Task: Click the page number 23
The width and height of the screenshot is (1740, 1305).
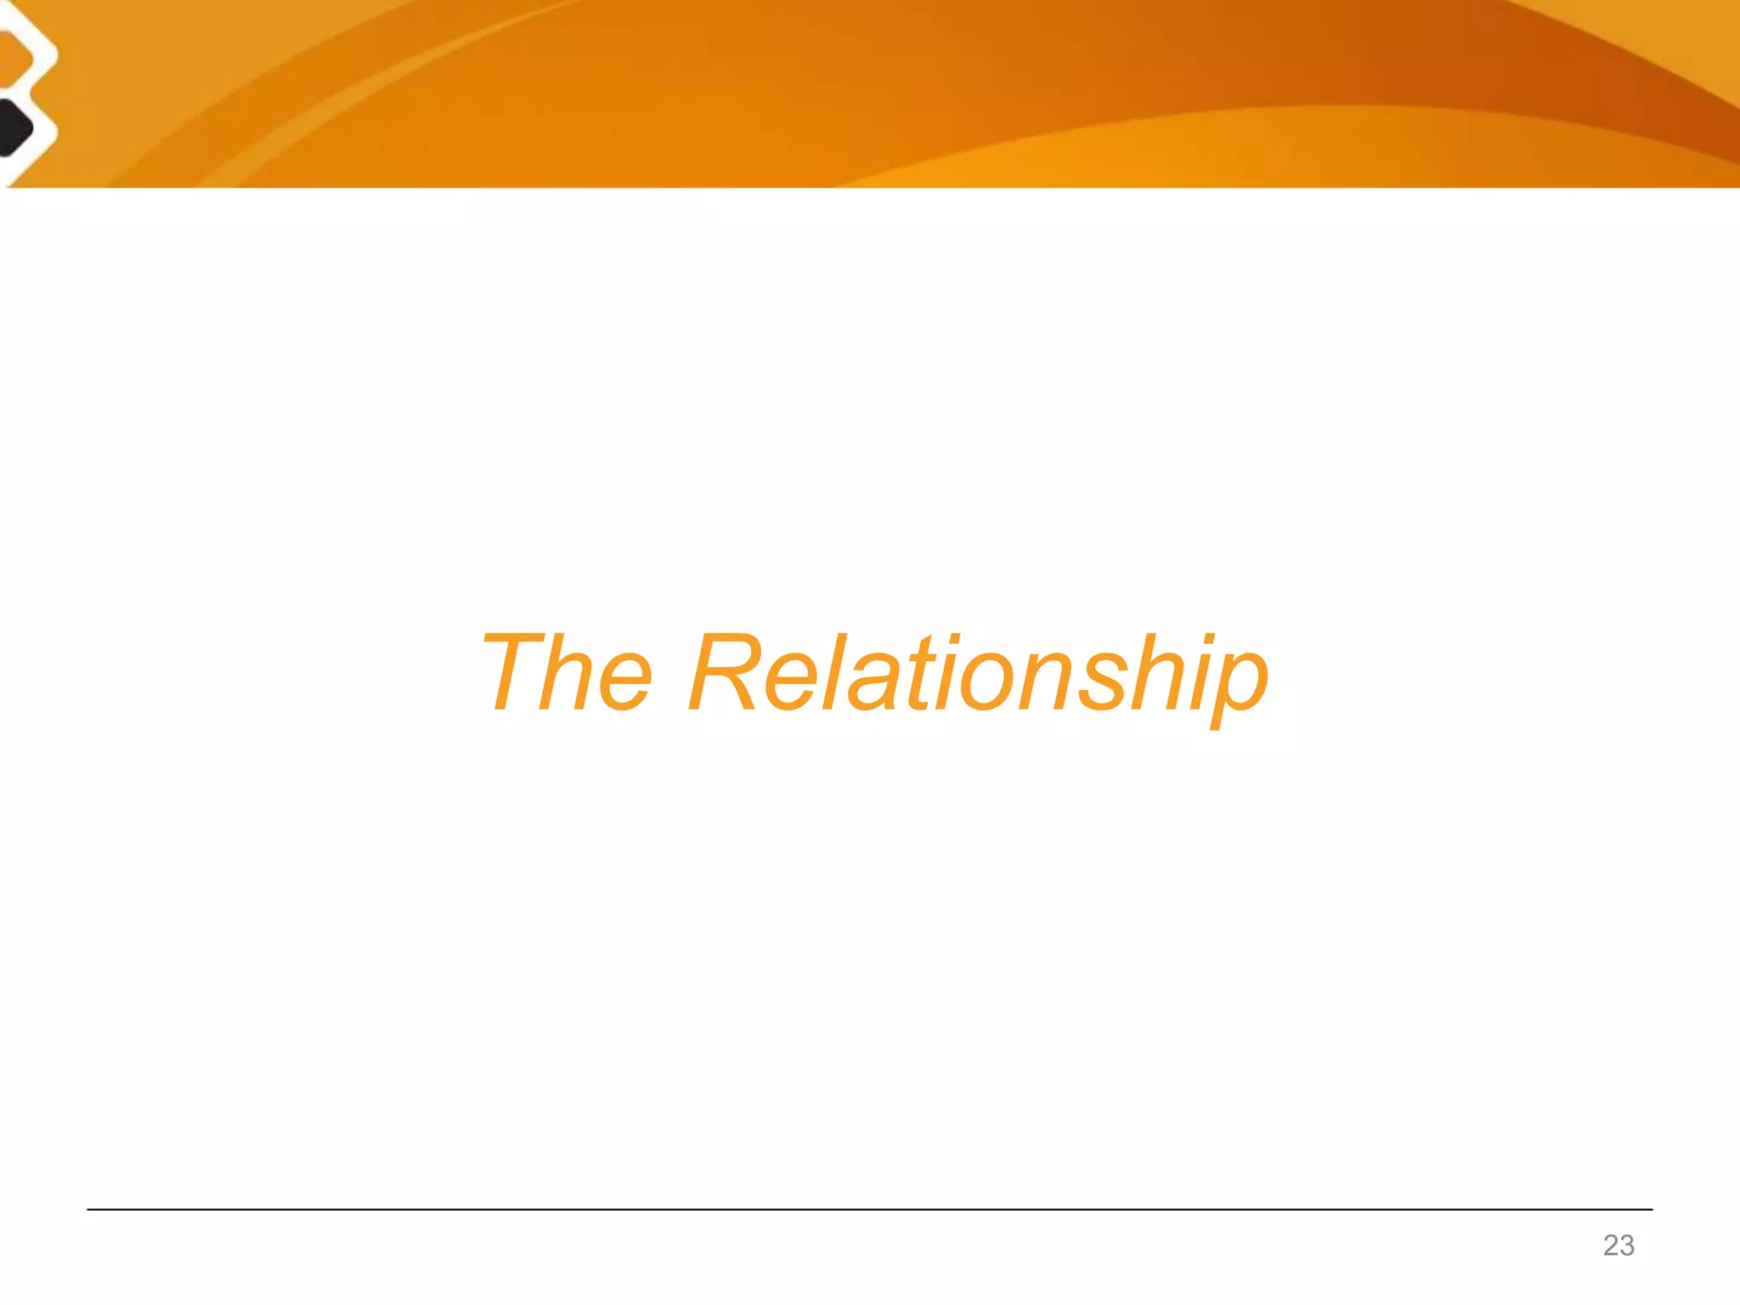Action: pos(1619,1246)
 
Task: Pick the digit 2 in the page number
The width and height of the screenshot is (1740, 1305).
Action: pos(1611,1246)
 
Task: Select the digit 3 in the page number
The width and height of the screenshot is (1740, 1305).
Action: pos(1626,1246)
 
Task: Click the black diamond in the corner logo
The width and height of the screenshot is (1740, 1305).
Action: pos(12,128)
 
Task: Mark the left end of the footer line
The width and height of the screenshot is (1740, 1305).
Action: pos(89,1209)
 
